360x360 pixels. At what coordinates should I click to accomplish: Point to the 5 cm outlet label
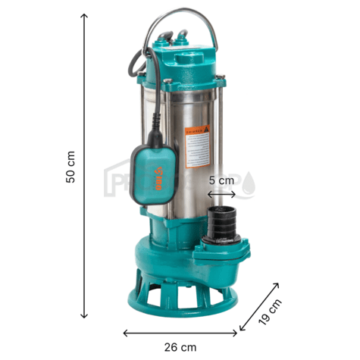(x=222, y=181)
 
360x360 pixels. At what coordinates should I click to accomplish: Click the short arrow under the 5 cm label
(x=222, y=193)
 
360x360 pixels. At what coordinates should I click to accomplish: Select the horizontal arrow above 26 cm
(x=180, y=331)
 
